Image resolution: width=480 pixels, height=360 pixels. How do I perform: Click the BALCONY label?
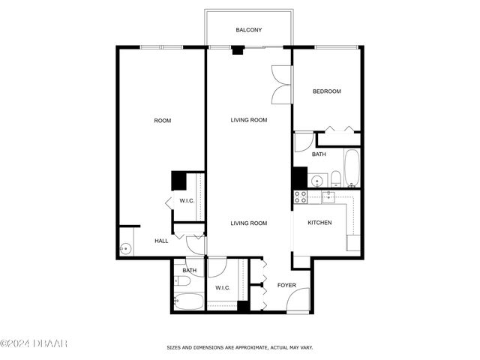point(248,30)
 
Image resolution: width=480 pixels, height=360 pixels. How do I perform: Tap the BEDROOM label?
point(326,91)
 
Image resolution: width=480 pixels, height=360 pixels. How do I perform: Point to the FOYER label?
point(286,285)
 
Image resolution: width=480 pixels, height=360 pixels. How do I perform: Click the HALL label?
point(161,241)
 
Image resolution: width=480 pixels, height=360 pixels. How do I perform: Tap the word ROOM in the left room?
point(163,121)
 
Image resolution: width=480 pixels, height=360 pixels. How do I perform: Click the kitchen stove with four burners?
point(300,197)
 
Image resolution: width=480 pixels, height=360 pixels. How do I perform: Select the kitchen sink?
point(328,196)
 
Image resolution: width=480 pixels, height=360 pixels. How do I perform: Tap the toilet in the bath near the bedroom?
point(335,178)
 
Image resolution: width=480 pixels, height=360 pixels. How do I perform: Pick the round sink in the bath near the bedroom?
point(316,180)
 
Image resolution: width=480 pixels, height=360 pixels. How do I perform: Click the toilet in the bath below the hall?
point(181,283)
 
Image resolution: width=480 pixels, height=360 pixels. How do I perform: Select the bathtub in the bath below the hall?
point(187,301)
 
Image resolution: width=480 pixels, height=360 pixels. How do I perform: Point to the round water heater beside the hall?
point(124,250)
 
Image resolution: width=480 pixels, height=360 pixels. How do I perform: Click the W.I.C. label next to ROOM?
point(187,200)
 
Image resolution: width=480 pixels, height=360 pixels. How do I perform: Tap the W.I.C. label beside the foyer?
point(223,287)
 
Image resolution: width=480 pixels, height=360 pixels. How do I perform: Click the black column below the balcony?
point(238,51)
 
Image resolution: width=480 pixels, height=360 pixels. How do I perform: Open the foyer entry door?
point(298,301)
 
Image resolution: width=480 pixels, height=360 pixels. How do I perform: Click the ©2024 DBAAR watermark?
point(34,343)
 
